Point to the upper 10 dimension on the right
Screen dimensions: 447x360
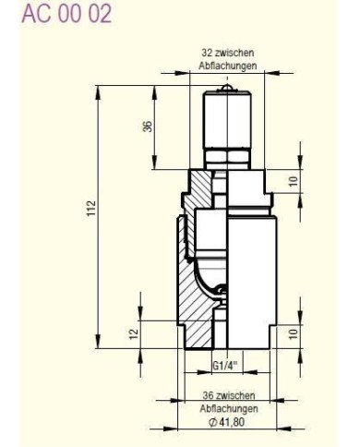(x=294, y=181)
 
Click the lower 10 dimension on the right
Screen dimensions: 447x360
(x=294, y=333)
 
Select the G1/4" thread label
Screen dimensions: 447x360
(x=224, y=367)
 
